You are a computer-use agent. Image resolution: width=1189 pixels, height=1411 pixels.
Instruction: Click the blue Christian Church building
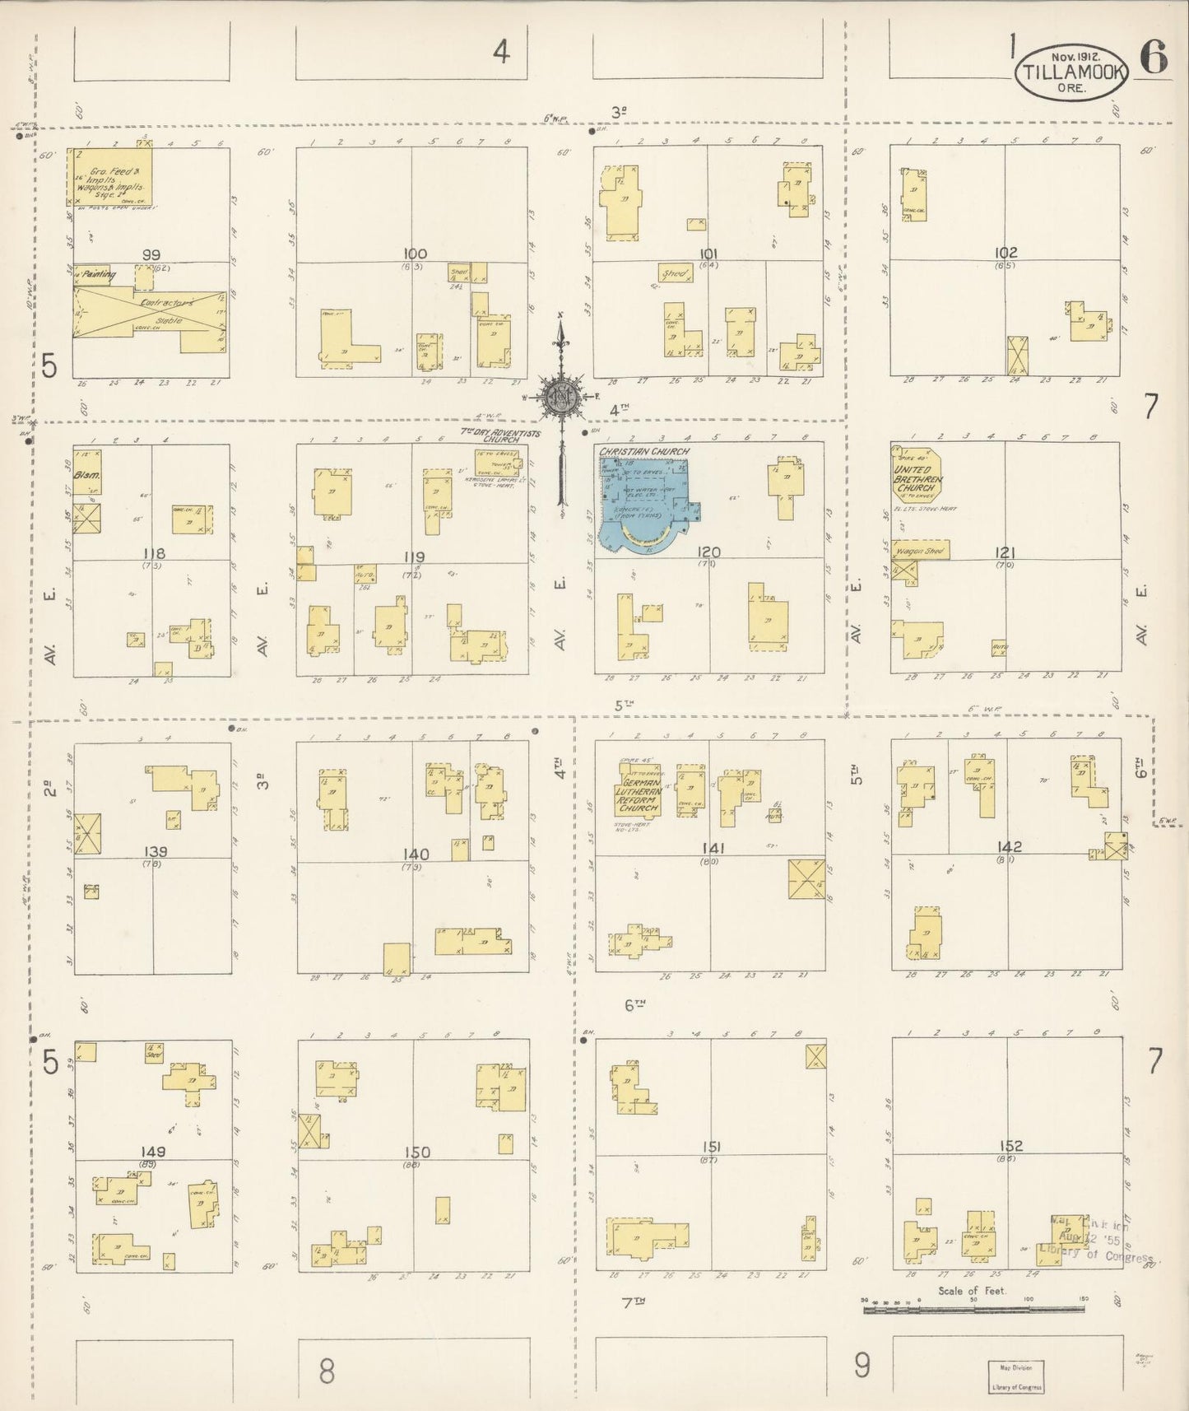pyautogui.click(x=645, y=503)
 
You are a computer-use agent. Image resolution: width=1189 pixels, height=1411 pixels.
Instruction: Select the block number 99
pyautogui.click(x=151, y=255)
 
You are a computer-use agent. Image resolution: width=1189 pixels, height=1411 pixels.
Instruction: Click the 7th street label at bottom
pyautogui.click(x=633, y=1302)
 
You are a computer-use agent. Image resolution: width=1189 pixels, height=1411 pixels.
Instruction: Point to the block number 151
pyautogui.click(x=712, y=1147)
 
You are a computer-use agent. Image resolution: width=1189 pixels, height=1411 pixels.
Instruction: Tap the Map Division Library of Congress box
pyautogui.click(x=1015, y=1376)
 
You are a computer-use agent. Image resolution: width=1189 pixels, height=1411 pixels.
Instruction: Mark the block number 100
pyautogui.click(x=415, y=254)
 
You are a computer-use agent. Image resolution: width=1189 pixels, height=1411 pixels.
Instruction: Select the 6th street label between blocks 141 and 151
pyautogui.click(x=634, y=1004)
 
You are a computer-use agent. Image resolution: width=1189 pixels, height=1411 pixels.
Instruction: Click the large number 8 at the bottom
pyautogui.click(x=327, y=1371)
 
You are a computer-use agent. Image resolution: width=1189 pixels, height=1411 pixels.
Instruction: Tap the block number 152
pyautogui.click(x=1010, y=1145)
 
